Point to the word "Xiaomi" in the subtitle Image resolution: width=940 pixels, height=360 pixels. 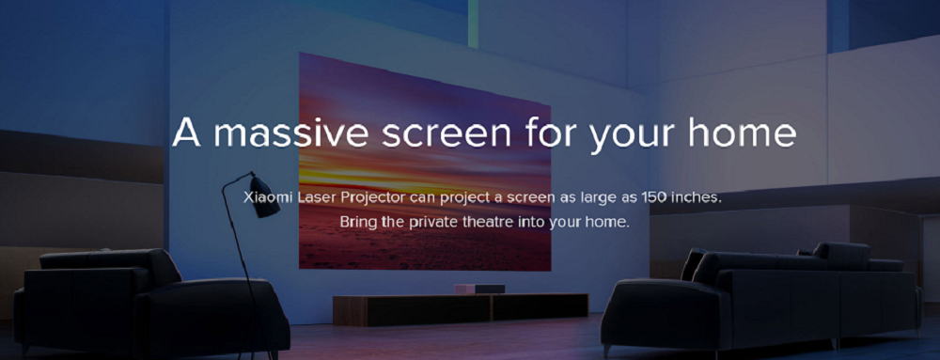267,199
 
